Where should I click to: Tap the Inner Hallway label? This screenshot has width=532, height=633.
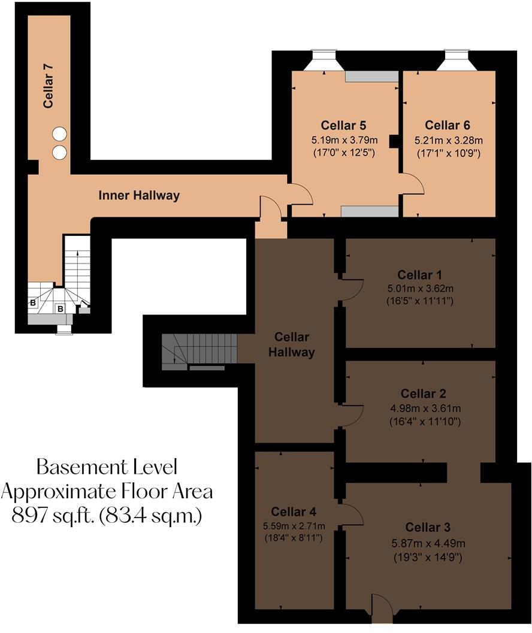(138, 195)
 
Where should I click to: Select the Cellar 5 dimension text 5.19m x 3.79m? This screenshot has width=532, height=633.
(343, 141)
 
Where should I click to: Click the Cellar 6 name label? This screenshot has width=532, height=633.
(447, 125)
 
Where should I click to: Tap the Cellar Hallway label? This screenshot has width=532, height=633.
(292, 345)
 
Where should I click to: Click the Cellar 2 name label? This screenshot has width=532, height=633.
(423, 393)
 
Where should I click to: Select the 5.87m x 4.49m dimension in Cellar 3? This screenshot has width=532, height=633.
(428, 543)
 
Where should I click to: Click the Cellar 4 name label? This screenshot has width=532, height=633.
(294, 511)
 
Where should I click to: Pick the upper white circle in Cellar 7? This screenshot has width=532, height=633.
(59, 134)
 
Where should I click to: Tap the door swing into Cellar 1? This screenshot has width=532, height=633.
(353, 289)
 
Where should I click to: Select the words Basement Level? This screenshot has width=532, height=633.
(107, 467)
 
